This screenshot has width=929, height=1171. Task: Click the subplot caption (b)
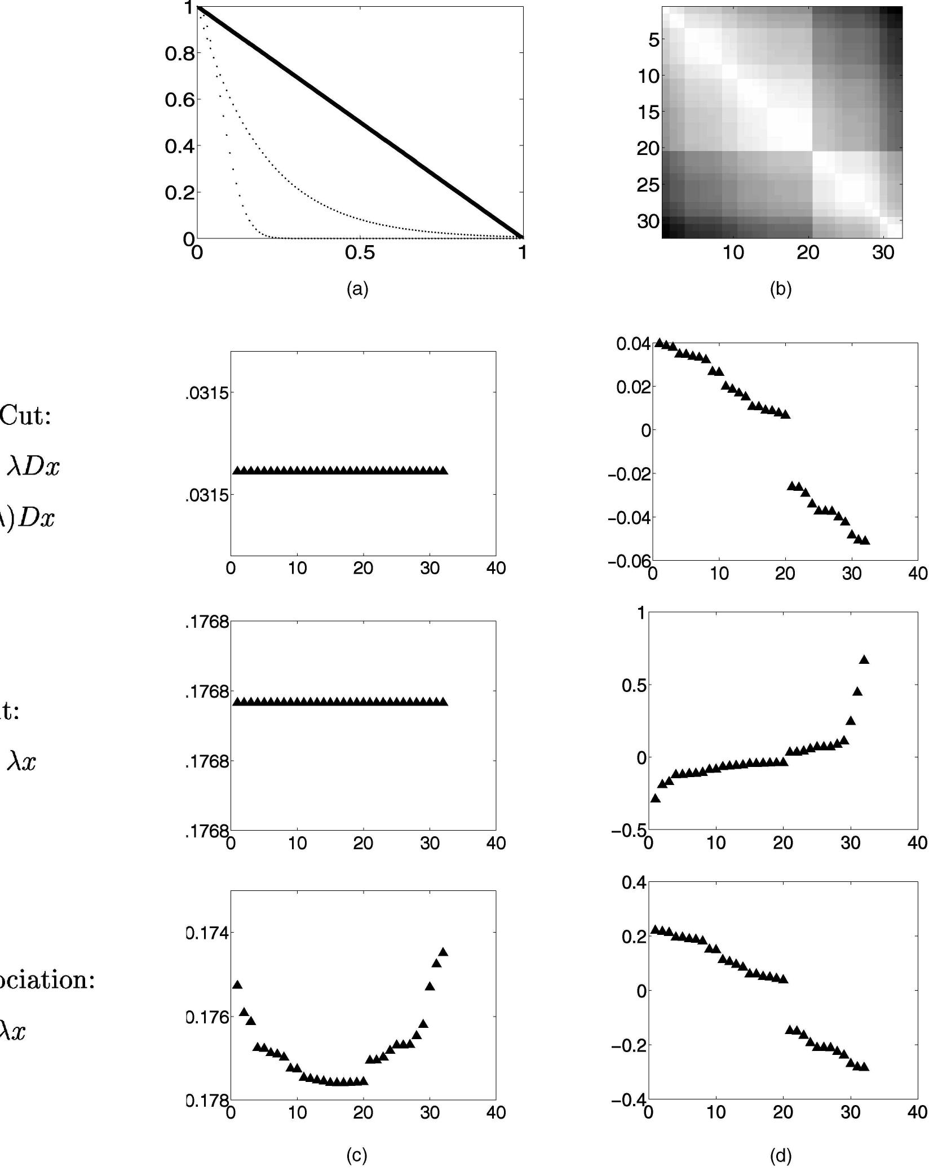[x=781, y=289]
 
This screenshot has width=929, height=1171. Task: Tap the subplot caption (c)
[x=357, y=1155]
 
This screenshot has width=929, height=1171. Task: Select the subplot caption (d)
[x=781, y=1155]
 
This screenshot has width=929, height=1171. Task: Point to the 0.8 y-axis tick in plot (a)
[x=179, y=54]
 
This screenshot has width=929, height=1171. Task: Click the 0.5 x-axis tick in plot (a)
[x=360, y=253]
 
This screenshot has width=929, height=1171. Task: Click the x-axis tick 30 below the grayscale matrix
[x=883, y=254]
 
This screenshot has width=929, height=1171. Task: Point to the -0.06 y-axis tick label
[x=629, y=561]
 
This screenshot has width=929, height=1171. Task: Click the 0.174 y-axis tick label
[x=207, y=933]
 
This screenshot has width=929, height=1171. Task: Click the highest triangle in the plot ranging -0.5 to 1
[x=864, y=660]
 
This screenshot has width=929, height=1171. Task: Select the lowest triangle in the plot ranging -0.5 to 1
[x=655, y=798]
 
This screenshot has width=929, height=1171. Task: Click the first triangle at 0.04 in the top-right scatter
[x=659, y=343]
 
